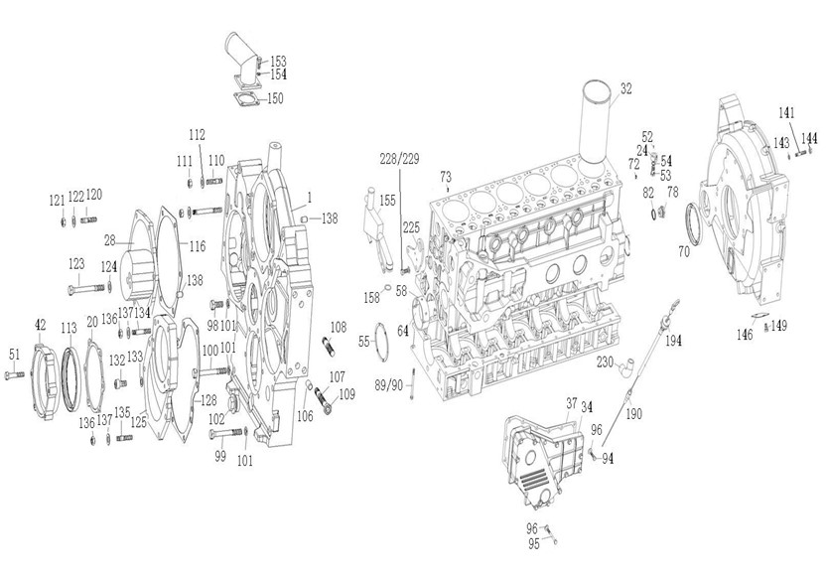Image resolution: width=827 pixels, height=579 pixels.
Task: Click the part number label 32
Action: (624, 89)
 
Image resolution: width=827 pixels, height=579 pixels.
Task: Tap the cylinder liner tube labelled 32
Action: (596, 124)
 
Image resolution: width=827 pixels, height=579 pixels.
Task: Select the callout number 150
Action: (275, 98)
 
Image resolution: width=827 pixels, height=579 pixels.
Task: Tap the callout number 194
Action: (673, 341)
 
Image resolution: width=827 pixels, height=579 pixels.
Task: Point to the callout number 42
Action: (40, 325)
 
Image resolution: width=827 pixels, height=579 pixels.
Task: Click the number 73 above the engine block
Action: (445, 175)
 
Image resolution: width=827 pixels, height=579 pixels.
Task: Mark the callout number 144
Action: (810, 138)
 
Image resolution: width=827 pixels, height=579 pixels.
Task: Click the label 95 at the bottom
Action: (533, 543)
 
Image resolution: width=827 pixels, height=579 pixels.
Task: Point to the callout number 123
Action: (76, 264)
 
